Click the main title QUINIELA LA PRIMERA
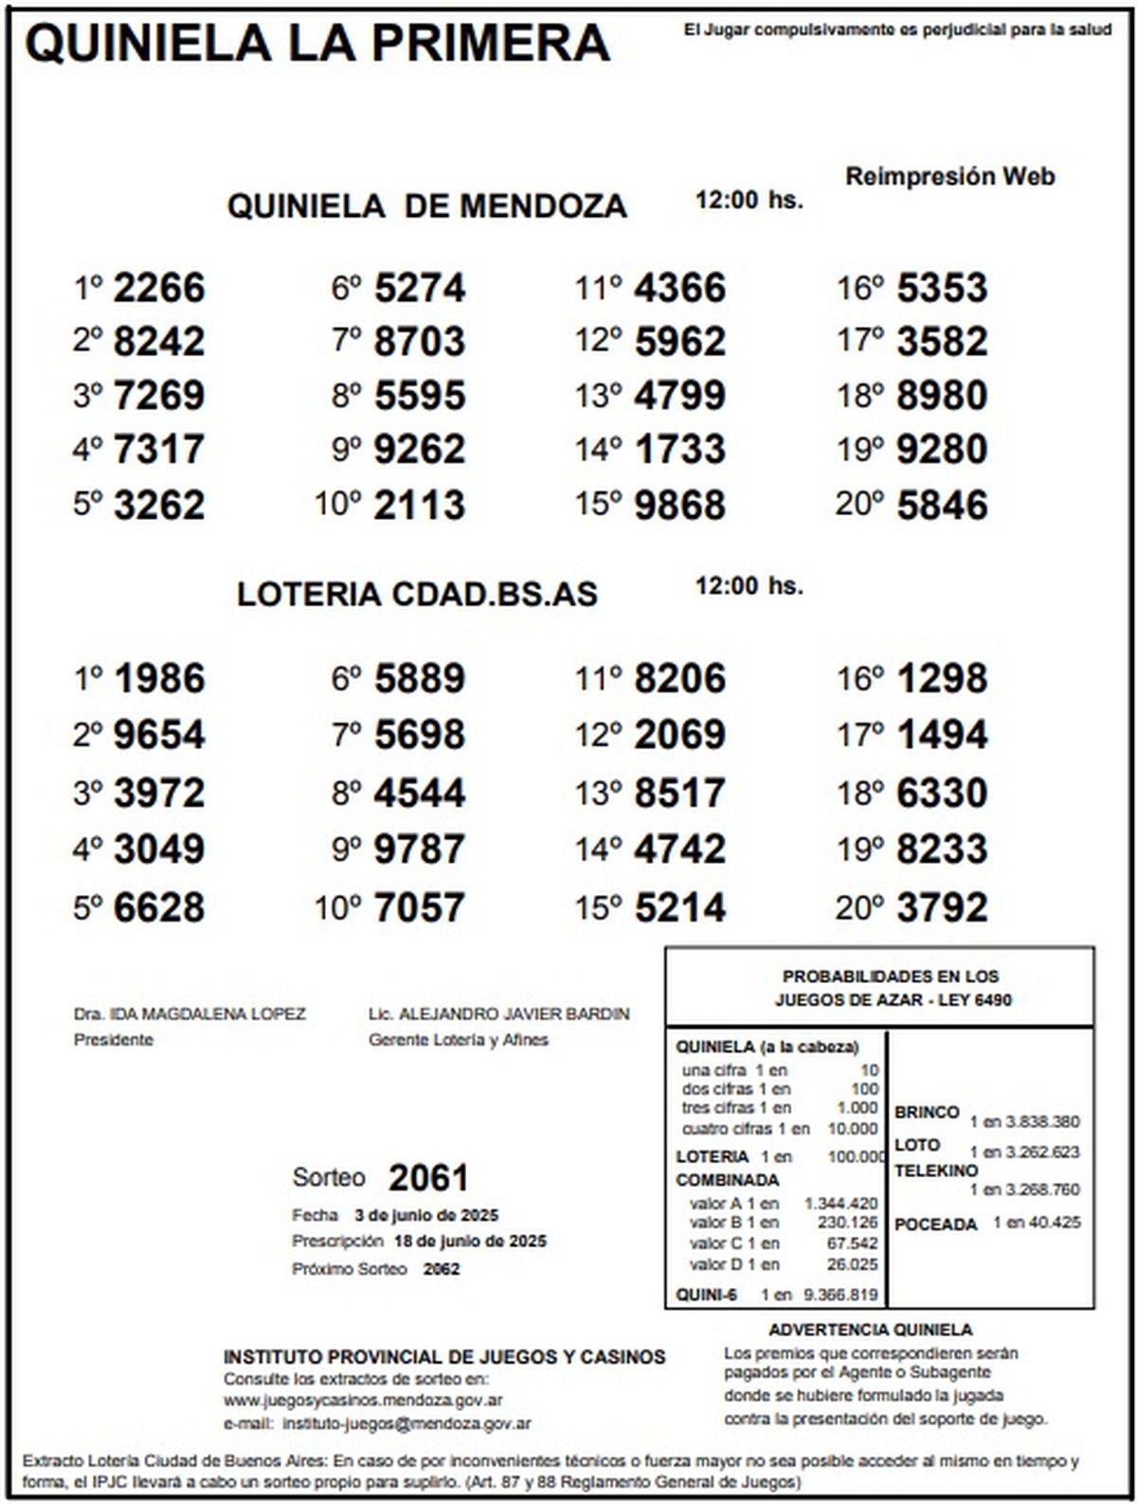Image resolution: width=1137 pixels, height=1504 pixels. coord(318,43)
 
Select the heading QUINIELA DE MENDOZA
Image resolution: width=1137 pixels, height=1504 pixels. coord(426,206)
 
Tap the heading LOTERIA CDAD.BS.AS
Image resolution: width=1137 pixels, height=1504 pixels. coord(417,594)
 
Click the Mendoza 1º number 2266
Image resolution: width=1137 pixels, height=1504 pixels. coord(159,288)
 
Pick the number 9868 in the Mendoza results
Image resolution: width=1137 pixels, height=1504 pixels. coord(680,504)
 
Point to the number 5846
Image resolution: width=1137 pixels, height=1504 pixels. coord(942,504)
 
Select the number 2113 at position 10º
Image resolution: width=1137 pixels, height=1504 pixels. coord(420,504)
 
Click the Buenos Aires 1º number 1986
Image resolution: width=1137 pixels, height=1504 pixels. coord(159,678)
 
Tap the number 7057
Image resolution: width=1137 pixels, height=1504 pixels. coord(420,907)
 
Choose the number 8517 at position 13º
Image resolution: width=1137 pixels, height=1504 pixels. coord(680,793)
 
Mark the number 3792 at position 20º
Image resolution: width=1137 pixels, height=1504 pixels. coord(942,907)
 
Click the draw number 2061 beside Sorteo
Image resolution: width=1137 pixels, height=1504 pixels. coord(428,1178)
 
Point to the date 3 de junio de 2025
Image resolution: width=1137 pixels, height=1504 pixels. coord(426,1215)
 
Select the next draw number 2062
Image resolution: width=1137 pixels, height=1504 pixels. coord(441,1269)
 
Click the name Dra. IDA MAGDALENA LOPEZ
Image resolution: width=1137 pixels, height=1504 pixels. coord(189,1014)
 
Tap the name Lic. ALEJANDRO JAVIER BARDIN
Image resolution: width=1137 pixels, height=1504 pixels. coord(499,1014)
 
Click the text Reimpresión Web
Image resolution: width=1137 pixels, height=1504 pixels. coord(949,176)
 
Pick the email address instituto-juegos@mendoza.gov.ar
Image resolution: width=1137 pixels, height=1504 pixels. coord(406,1423)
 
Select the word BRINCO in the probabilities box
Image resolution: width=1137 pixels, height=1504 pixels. coord(927,1112)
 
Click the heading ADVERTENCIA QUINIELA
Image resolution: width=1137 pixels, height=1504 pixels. coord(870,1330)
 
